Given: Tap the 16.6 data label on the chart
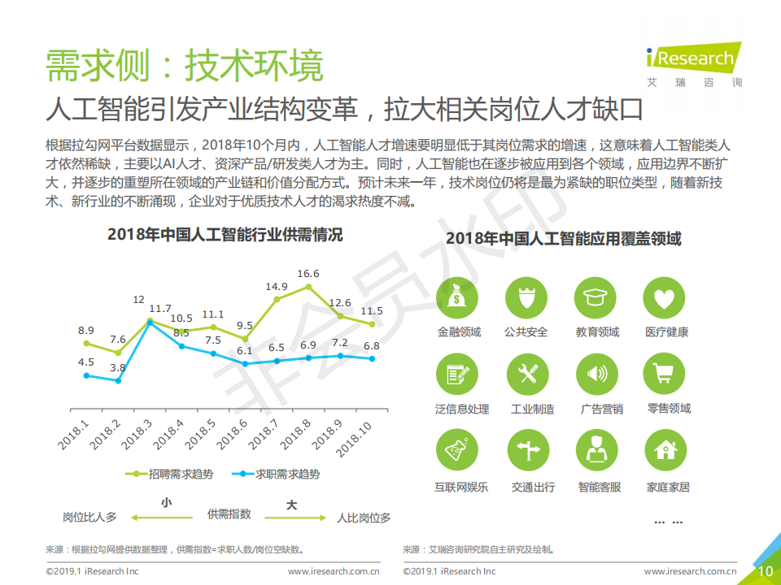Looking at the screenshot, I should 308,274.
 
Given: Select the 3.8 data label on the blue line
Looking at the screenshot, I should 118,368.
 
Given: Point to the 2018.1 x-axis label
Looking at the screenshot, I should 74,435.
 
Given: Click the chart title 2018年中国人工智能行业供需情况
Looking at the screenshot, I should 225,235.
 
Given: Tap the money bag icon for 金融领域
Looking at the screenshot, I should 459,299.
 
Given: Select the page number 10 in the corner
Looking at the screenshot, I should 766,571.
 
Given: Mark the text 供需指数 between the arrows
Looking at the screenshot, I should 229,514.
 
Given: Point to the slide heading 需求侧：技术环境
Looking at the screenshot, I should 185,66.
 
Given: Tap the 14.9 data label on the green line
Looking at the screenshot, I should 277,287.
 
